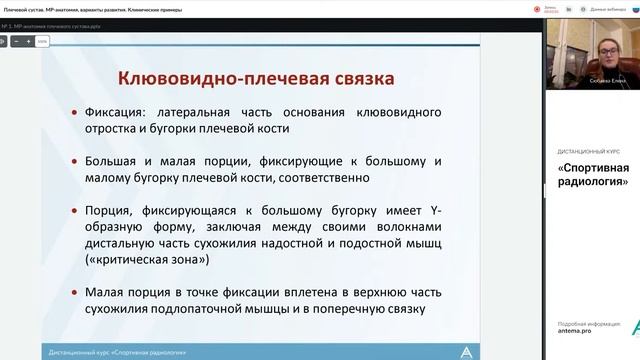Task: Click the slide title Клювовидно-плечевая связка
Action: coord(256,77)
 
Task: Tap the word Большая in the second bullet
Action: coord(127,160)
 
